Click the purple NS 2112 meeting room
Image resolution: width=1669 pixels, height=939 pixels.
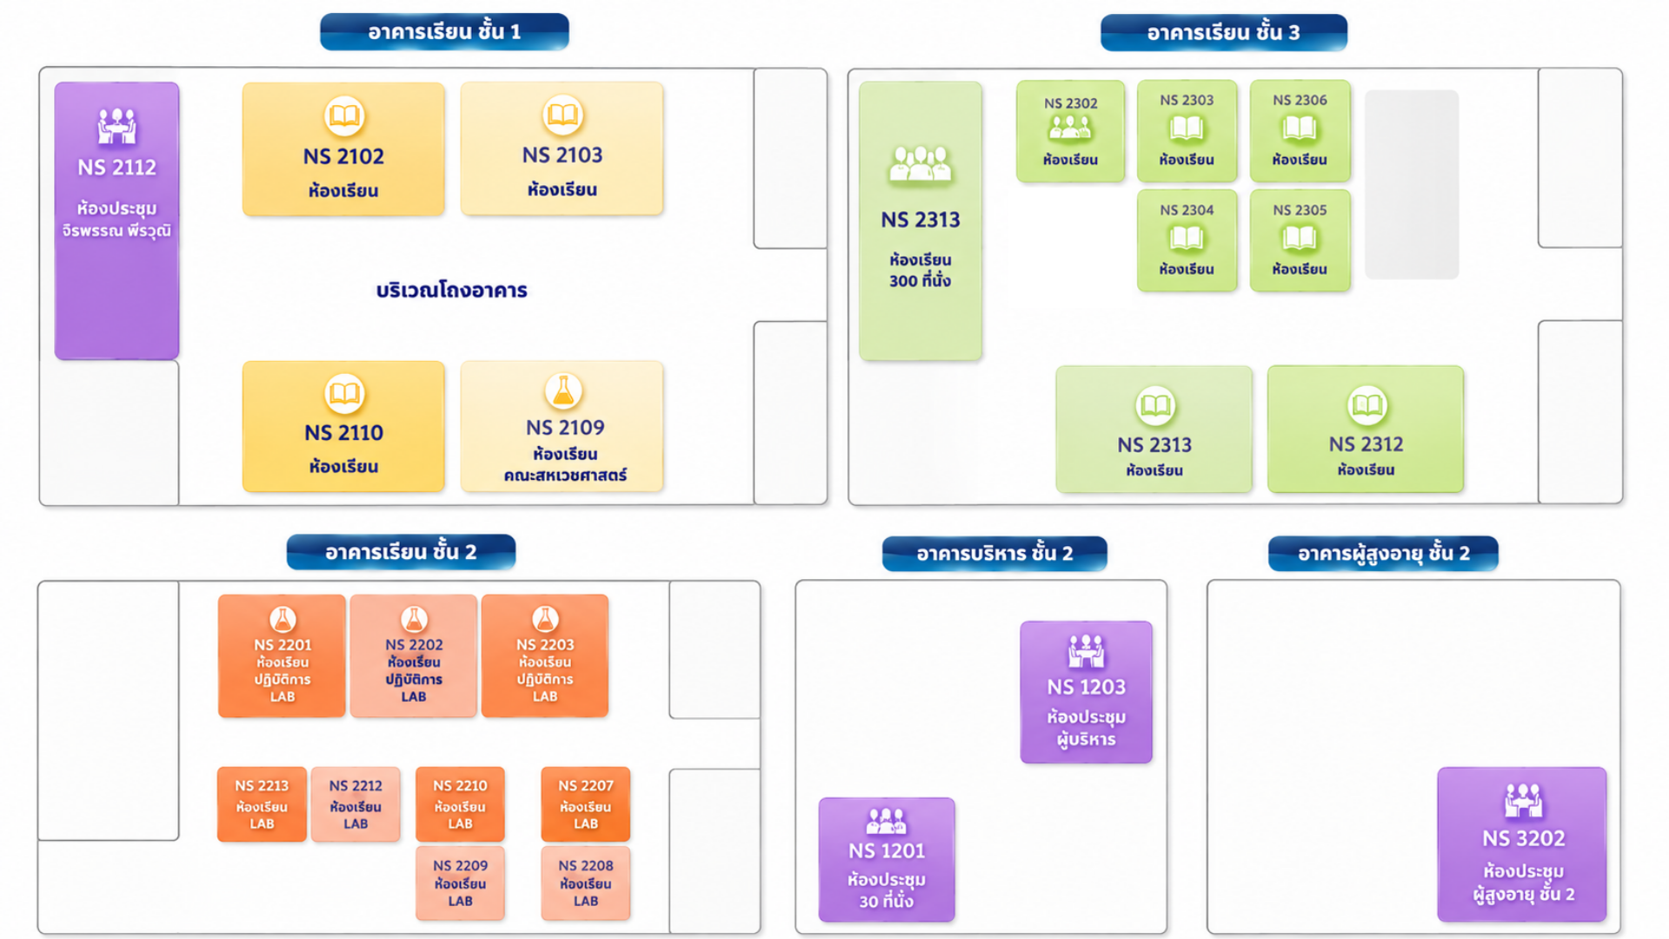pyautogui.click(x=116, y=221)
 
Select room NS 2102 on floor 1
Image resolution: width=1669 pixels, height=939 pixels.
pyautogui.click(x=343, y=149)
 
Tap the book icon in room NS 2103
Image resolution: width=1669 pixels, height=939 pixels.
pyautogui.click(x=562, y=115)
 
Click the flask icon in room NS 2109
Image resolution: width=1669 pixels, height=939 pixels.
pyautogui.click(x=563, y=392)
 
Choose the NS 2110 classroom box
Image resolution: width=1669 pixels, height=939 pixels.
pyautogui.click(x=343, y=427)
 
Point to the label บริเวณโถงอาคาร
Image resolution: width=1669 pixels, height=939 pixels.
pyautogui.click(x=452, y=290)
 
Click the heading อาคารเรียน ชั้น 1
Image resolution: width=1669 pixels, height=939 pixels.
pyautogui.click(x=444, y=32)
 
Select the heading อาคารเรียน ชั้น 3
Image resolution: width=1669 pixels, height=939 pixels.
pyautogui.click(x=1224, y=33)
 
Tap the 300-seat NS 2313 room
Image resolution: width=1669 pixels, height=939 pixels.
pyautogui.click(x=921, y=221)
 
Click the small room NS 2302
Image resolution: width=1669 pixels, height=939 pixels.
pyautogui.click(x=1070, y=131)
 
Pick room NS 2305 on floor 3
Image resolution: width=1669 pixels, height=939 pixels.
pyautogui.click(x=1300, y=240)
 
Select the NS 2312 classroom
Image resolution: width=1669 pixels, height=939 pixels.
pyautogui.click(x=1366, y=430)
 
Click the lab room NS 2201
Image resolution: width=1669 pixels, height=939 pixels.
pyautogui.click(x=282, y=656)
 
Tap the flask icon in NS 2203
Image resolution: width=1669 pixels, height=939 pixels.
pyautogui.click(x=545, y=619)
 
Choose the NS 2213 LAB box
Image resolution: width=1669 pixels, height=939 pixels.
pyautogui.click(x=262, y=804)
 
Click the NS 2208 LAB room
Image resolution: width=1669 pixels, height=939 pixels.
pyautogui.click(x=585, y=883)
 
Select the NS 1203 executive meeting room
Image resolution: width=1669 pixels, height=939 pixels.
pyautogui.click(x=1086, y=692)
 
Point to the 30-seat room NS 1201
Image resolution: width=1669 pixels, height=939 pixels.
pyautogui.click(x=887, y=860)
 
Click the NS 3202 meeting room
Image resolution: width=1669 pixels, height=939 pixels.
pyautogui.click(x=1522, y=844)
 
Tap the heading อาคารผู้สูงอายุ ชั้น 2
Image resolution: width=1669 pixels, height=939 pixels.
pyautogui.click(x=1383, y=554)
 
